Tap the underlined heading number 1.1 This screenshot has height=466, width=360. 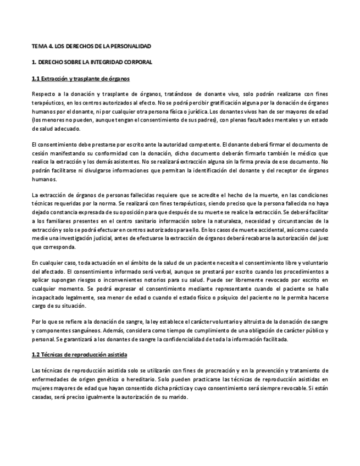[x=36, y=79]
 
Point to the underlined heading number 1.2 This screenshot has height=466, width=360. [x=36, y=354]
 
